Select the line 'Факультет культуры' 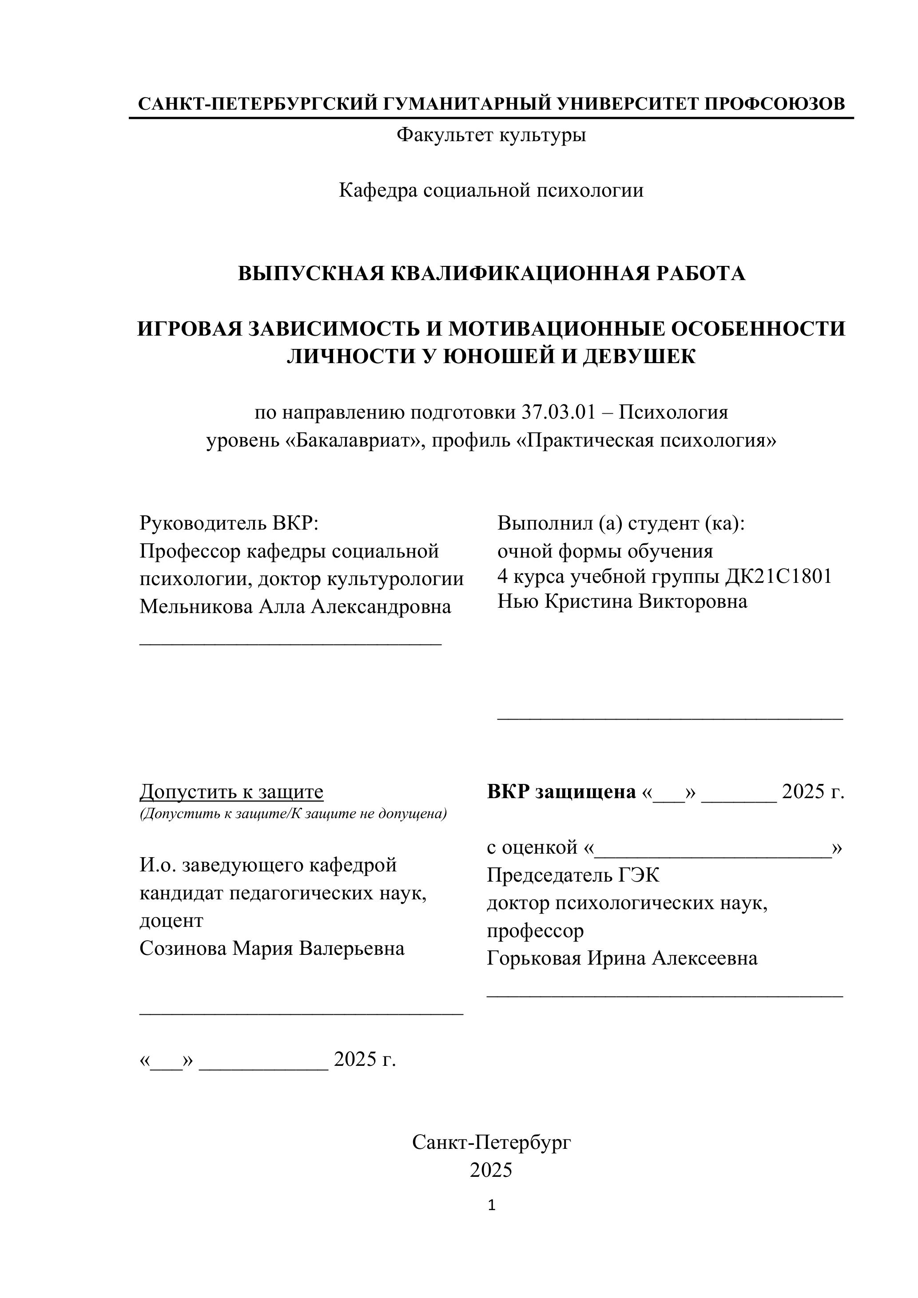[x=491, y=135]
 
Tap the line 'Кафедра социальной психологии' [x=491, y=190]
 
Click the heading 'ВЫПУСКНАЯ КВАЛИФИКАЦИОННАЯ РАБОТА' [x=491, y=273]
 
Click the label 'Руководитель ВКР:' [x=229, y=523]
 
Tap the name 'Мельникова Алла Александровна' [x=295, y=606]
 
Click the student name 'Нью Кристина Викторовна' [x=622, y=602]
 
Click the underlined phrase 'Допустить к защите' [x=231, y=792]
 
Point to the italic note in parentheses [x=293, y=814]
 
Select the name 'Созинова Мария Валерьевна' [x=272, y=948]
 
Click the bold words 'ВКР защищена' [x=561, y=792]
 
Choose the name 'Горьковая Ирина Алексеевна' [x=622, y=958]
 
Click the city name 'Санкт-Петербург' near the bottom [x=491, y=1143]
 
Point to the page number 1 [x=491, y=1206]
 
